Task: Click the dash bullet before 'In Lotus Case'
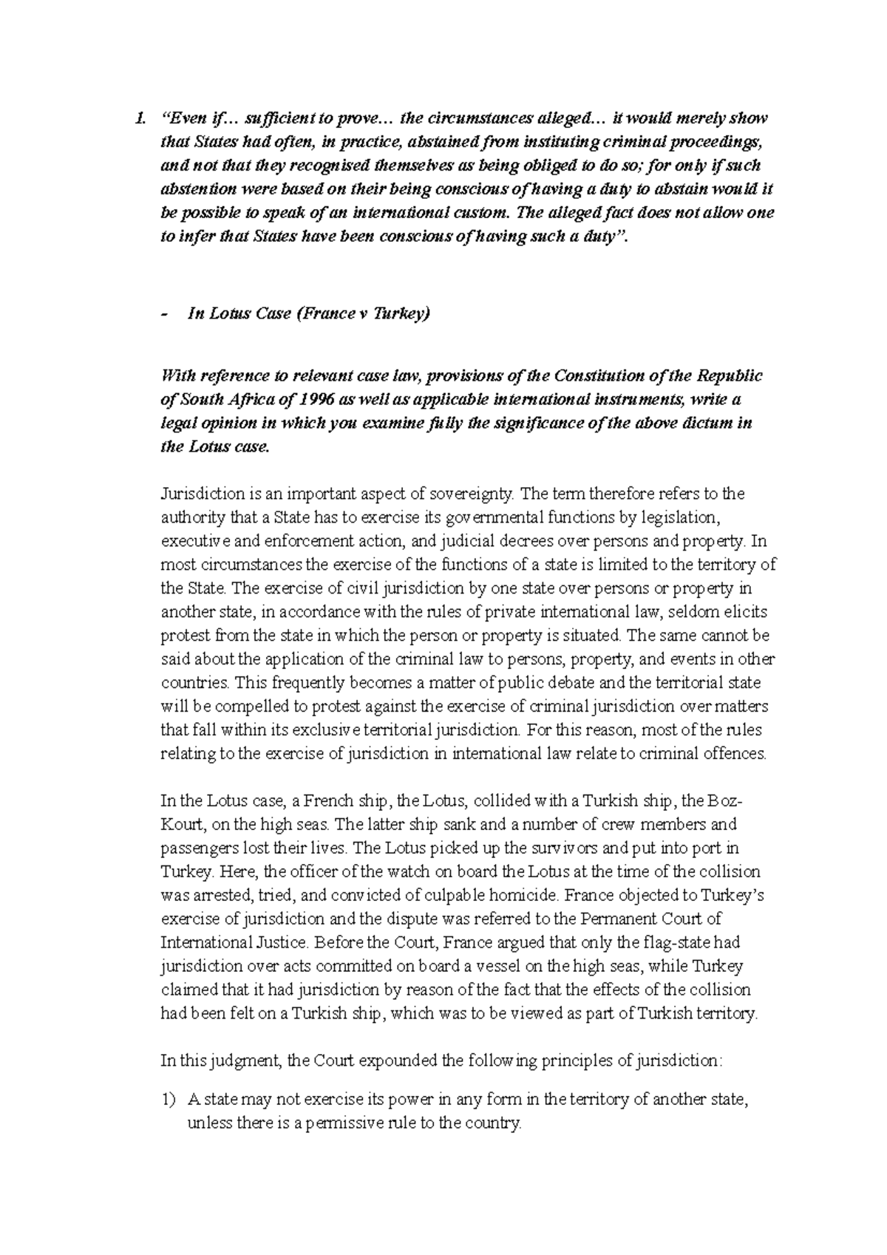click(x=163, y=314)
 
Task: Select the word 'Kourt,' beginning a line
click(x=179, y=825)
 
